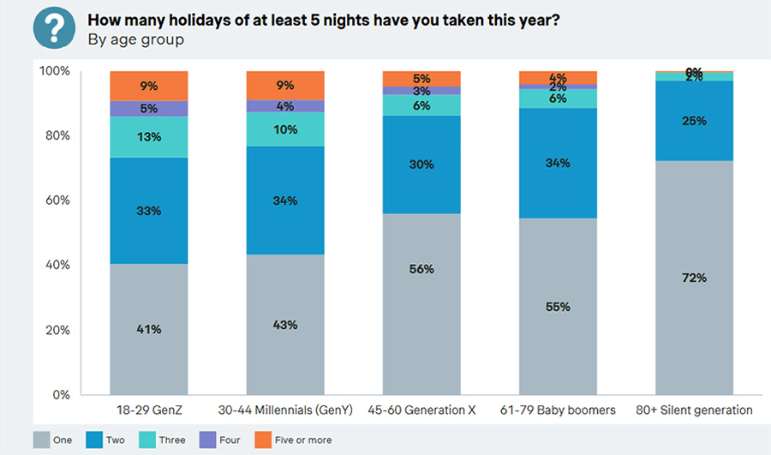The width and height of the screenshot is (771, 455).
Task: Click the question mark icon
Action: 54,28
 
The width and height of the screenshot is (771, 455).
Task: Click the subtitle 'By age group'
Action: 135,39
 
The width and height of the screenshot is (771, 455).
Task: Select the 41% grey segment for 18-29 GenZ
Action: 148,328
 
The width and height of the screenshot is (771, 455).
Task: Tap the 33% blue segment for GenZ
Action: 148,210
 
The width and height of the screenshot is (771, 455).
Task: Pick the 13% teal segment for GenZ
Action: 148,137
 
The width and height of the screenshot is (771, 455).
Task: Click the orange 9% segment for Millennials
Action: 285,85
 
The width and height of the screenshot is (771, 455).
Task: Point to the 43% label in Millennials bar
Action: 285,325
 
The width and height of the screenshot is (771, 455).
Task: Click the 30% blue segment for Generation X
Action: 421,165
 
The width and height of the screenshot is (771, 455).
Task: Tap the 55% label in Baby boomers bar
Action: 558,306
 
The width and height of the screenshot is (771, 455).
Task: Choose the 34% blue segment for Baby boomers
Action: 558,163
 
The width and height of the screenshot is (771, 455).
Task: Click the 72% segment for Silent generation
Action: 694,278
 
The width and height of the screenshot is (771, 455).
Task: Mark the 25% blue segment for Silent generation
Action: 694,121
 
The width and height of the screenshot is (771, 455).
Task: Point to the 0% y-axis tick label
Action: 62,395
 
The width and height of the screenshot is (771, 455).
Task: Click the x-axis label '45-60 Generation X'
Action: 421,410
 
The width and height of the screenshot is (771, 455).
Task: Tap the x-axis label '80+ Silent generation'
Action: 694,410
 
